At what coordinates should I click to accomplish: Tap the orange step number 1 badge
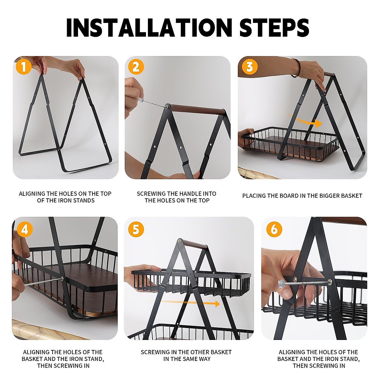(x=24, y=67)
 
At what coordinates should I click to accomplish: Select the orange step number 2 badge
(x=136, y=67)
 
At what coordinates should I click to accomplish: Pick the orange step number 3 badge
(x=249, y=67)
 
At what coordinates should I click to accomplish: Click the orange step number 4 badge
(x=24, y=230)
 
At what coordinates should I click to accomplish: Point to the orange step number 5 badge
(x=136, y=230)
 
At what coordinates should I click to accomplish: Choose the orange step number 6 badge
(x=274, y=230)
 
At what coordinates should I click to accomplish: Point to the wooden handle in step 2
(x=197, y=110)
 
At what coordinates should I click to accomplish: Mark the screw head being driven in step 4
(x=62, y=279)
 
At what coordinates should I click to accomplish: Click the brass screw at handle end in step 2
(x=168, y=107)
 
